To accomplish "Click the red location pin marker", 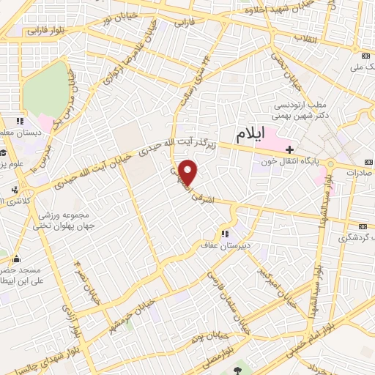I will [189, 172].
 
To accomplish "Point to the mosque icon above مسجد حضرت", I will [16, 259].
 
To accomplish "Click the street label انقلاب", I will [305, 37].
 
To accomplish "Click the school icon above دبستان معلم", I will [21, 121].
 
